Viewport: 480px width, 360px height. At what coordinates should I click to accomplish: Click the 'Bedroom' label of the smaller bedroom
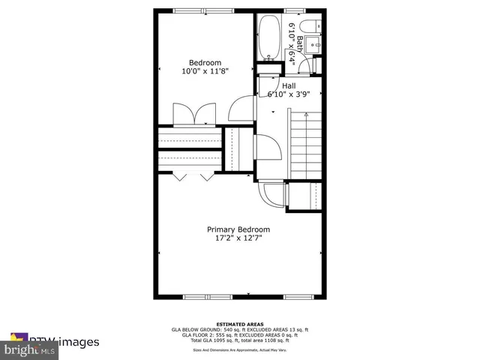pos(205,62)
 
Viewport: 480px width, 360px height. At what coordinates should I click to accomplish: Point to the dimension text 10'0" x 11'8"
pos(205,71)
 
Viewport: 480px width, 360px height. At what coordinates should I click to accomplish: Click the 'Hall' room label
pos(289,85)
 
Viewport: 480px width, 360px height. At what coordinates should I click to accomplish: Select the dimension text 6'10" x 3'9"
pos(289,94)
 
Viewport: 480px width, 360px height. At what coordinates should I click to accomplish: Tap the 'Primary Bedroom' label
pos(238,229)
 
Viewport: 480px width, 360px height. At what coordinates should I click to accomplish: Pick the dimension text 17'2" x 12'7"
pos(238,238)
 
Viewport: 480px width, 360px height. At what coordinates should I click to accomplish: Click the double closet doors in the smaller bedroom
pos(194,115)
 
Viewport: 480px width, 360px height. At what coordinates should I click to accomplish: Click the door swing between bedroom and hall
pos(241,109)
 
